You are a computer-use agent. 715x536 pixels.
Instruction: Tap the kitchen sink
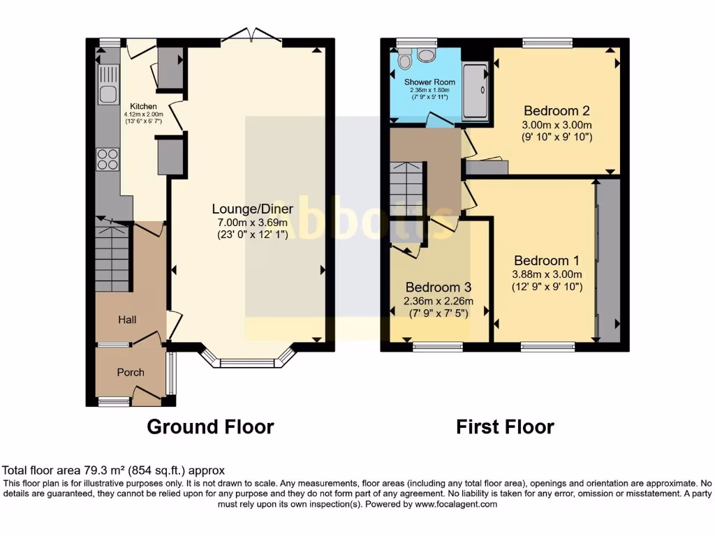click(x=108, y=84)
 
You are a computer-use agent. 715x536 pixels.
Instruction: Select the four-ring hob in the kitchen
click(x=108, y=159)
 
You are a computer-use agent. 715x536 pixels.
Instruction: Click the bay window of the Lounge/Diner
click(x=248, y=360)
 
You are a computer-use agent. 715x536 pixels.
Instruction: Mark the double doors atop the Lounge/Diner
click(x=249, y=35)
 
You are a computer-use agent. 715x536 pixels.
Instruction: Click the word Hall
click(x=127, y=320)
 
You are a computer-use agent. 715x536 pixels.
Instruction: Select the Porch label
click(x=131, y=373)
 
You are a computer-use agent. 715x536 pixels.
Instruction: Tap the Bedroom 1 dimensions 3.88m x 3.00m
click(x=547, y=274)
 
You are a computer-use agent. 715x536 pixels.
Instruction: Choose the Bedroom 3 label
click(x=438, y=288)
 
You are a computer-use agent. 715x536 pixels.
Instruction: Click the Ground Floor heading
click(x=210, y=426)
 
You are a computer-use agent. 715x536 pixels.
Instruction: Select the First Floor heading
click(x=505, y=426)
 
